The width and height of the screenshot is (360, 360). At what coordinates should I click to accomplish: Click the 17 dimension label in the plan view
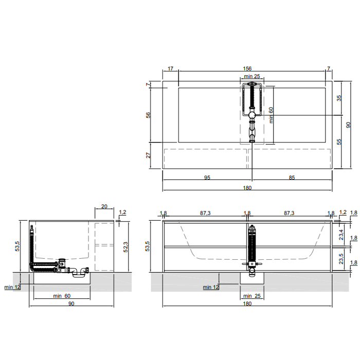pos(170,68)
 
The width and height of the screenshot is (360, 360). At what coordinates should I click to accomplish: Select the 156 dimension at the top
pos(247,68)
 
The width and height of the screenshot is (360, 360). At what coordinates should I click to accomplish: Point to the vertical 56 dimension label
pos(148,115)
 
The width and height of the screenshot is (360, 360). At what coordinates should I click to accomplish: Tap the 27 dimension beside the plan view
pos(148,155)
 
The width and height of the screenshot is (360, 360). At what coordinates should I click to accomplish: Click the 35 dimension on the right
pos(339,98)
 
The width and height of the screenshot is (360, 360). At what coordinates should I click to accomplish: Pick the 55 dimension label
pos(339,141)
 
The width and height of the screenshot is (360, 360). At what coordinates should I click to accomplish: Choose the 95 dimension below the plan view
pos(207,177)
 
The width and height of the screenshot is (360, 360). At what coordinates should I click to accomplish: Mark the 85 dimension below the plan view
pos(292,177)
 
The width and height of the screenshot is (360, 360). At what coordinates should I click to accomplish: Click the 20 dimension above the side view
pos(104,206)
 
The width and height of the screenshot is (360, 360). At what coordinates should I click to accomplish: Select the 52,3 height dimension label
pos(125,247)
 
